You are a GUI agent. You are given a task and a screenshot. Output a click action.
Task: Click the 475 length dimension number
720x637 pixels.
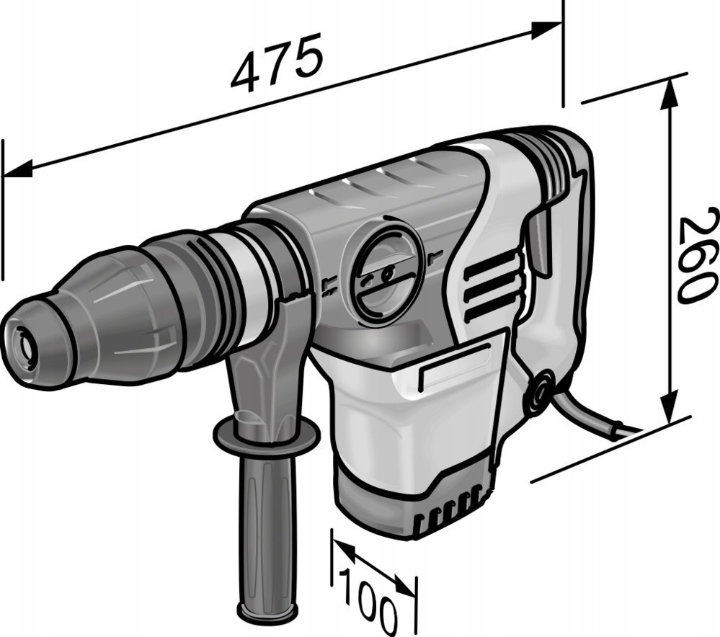277,63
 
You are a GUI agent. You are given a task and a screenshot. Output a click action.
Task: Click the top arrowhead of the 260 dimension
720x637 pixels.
670,94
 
